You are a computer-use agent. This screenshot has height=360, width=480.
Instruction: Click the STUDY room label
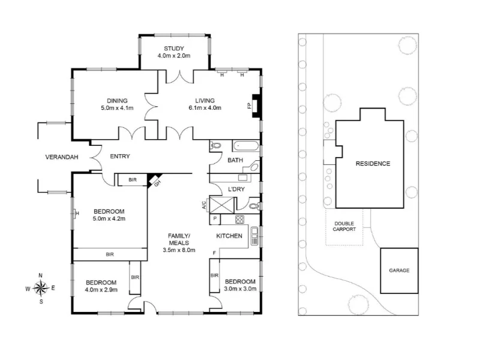pos(174,52)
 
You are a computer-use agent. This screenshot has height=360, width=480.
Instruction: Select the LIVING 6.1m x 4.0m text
pos(204,104)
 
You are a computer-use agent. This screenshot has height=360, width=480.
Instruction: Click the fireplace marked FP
pos(256,106)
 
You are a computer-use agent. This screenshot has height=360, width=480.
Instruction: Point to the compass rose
pos(40,288)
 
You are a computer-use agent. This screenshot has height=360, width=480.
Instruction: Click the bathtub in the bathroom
pos(247,146)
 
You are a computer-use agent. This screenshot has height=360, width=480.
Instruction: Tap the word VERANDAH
pos(62,158)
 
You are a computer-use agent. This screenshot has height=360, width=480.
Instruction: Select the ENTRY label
pos(120,157)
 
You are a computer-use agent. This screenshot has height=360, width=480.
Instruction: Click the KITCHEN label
pos(229,236)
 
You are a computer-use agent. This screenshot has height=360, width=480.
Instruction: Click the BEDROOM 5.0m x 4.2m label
pos(109,215)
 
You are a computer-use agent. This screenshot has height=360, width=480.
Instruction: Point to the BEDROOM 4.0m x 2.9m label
pos(100,286)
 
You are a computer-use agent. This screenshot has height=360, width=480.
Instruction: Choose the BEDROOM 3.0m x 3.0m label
pos(240,285)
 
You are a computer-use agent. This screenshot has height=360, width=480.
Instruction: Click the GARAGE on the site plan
pos(399,271)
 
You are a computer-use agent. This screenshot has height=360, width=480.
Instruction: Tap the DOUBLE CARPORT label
pos(344,226)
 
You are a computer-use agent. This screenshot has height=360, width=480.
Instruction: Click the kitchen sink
pos(254,236)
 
